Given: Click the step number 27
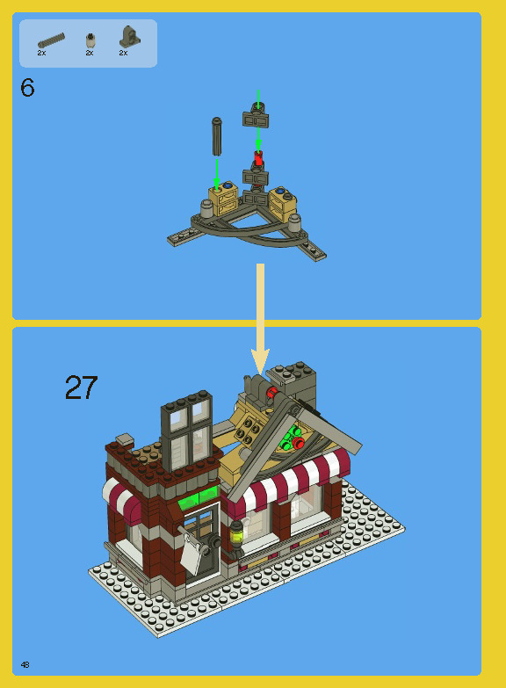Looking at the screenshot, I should (x=81, y=387).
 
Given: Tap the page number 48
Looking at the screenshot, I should (x=25, y=665).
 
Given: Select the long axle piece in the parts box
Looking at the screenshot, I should (x=51, y=40).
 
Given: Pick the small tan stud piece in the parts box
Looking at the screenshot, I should (x=89, y=40).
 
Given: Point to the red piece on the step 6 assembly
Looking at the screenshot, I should (x=258, y=158).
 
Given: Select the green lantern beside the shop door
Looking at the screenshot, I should (x=236, y=532).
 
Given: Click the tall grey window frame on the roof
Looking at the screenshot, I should (x=186, y=427).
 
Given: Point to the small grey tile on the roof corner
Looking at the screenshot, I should (x=124, y=438).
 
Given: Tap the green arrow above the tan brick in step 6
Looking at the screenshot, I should (x=216, y=172).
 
